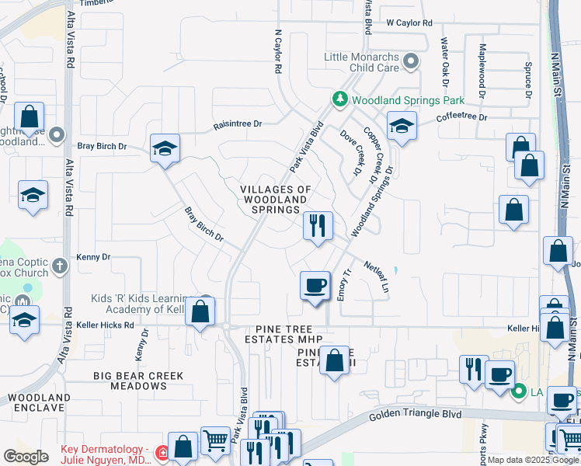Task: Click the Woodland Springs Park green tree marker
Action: (x=339, y=99)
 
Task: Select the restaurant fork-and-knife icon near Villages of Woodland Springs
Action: (x=318, y=226)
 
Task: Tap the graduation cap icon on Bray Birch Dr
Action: (x=165, y=149)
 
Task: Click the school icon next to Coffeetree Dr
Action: (x=401, y=126)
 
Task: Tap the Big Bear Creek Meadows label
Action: (x=138, y=381)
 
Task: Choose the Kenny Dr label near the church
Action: (x=94, y=257)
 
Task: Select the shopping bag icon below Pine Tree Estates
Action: (x=334, y=361)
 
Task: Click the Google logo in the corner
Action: (x=26, y=457)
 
